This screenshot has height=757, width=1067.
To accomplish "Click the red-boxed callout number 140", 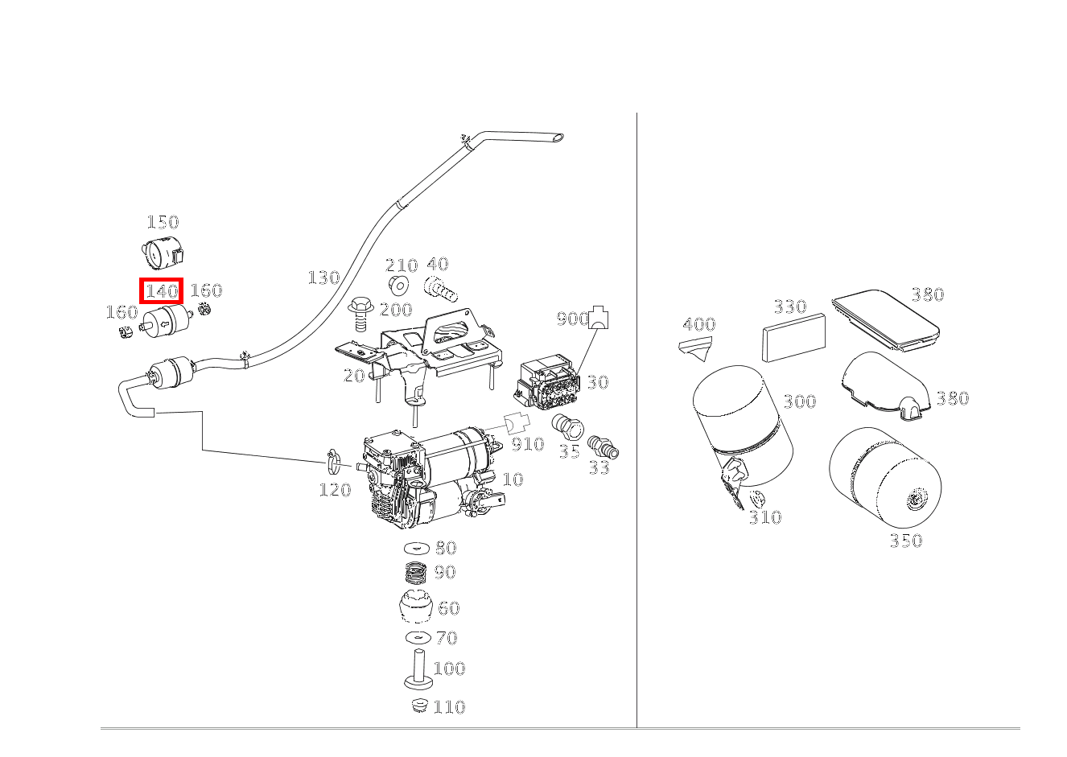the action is [x=162, y=291].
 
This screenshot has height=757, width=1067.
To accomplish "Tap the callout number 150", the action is [x=163, y=222].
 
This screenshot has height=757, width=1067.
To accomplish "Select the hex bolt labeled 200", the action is [x=361, y=315].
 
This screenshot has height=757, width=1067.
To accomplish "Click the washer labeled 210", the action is [x=398, y=286].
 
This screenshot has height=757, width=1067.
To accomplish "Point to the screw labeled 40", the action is [x=441, y=289].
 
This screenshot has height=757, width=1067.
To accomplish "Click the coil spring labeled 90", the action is [x=417, y=572].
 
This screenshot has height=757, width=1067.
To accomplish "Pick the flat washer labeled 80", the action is [x=417, y=549].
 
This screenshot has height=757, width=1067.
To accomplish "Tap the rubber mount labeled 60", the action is [x=416, y=606].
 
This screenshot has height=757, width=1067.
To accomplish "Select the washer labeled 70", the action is [x=418, y=637].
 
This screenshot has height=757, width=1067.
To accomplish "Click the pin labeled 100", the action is [x=419, y=669].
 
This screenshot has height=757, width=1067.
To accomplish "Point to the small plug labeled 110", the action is [x=420, y=705].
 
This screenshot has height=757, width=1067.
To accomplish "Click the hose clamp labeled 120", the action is [x=334, y=461].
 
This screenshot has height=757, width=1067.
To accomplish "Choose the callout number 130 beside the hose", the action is [x=324, y=278].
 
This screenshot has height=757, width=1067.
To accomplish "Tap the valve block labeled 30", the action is [x=548, y=381].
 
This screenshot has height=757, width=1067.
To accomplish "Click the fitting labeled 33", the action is [x=603, y=447].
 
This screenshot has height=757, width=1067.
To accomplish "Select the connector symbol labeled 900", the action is [x=599, y=318].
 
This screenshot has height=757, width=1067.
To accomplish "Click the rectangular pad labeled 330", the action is [x=794, y=337].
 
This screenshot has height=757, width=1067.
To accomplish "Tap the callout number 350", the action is [x=906, y=541].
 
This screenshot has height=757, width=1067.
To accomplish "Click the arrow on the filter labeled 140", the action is [x=164, y=325].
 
